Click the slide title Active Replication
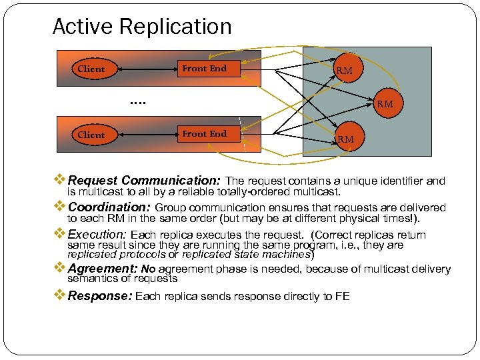tap(142, 27)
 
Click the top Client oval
tap(91, 69)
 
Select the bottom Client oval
tap(91, 135)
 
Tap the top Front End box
tap(204, 68)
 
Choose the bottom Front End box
tap(204, 133)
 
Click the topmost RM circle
tap(344, 70)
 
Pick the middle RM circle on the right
tap(385, 103)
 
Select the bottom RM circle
tap(345, 139)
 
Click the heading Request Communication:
tap(145, 181)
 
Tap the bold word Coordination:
tap(110, 207)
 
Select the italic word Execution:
tap(98, 235)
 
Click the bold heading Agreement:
tap(103, 269)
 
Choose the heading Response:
tap(100, 296)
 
